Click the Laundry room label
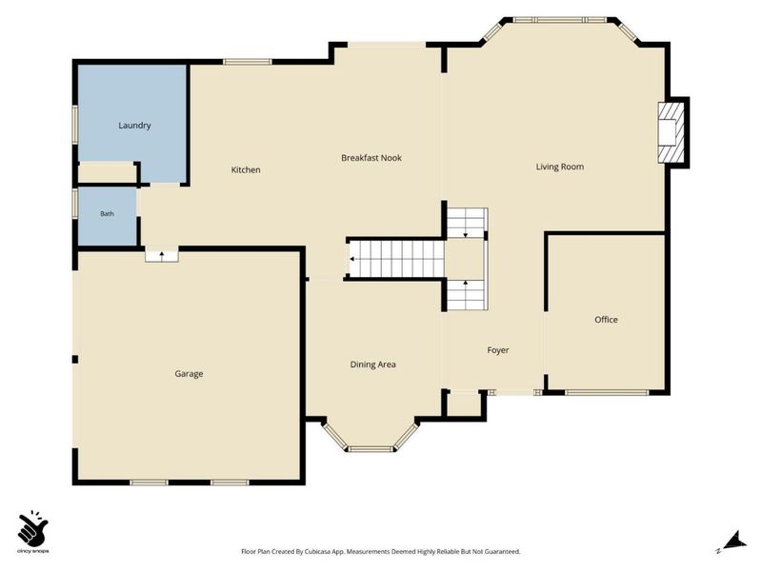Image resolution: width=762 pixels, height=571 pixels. point(134,126)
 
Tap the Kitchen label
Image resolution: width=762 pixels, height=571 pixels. point(246,169)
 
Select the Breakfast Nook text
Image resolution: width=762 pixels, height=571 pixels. point(371,158)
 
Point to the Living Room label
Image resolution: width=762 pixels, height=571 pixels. point(560,167)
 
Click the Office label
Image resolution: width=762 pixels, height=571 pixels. point(606,320)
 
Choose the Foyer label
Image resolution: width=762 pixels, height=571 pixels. point(498,350)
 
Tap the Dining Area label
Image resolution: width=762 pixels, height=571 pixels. point(372,364)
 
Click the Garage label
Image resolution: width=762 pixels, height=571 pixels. point(189,373)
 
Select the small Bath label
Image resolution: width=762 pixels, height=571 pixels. point(107,213)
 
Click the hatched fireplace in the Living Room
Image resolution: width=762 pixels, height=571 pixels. point(672,132)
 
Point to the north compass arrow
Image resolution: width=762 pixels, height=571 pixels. point(734,541)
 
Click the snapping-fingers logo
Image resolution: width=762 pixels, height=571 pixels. point(33,528)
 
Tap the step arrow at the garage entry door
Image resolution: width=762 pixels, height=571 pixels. point(162,255)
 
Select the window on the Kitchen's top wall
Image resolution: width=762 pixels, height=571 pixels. point(248,62)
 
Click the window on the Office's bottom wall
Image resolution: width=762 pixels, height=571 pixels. point(607,392)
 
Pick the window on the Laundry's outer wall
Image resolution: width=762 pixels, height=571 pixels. point(75,125)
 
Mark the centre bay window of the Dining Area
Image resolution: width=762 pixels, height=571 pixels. point(371,448)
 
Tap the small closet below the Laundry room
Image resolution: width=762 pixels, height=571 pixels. point(107,173)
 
